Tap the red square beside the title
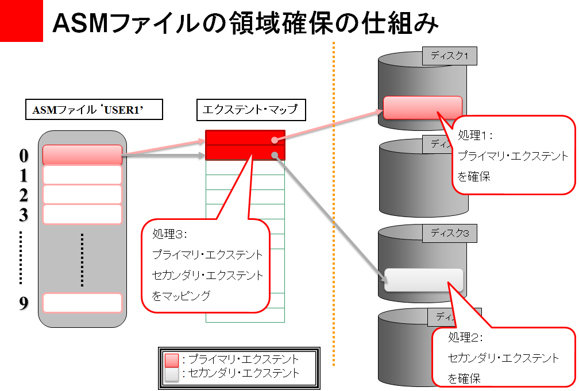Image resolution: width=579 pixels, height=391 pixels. [x=21, y=21]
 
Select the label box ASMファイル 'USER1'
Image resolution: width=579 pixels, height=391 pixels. [x=92, y=110]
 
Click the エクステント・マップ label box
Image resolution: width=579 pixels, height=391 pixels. [x=251, y=109]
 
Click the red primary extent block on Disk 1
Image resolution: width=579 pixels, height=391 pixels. [x=423, y=107]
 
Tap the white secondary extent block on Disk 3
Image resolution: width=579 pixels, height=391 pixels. [x=423, y=280]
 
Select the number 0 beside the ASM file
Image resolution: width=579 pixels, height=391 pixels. [x=24, y=156]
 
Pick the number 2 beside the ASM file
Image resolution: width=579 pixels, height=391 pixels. [x=24, y=196]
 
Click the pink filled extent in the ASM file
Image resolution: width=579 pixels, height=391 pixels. [x=83, y=155]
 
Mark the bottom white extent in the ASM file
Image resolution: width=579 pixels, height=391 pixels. [x=83, y=303]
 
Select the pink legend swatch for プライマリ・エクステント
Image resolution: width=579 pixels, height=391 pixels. [x=172, y=360]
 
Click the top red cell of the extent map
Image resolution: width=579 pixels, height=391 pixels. [x=245, y=138]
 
